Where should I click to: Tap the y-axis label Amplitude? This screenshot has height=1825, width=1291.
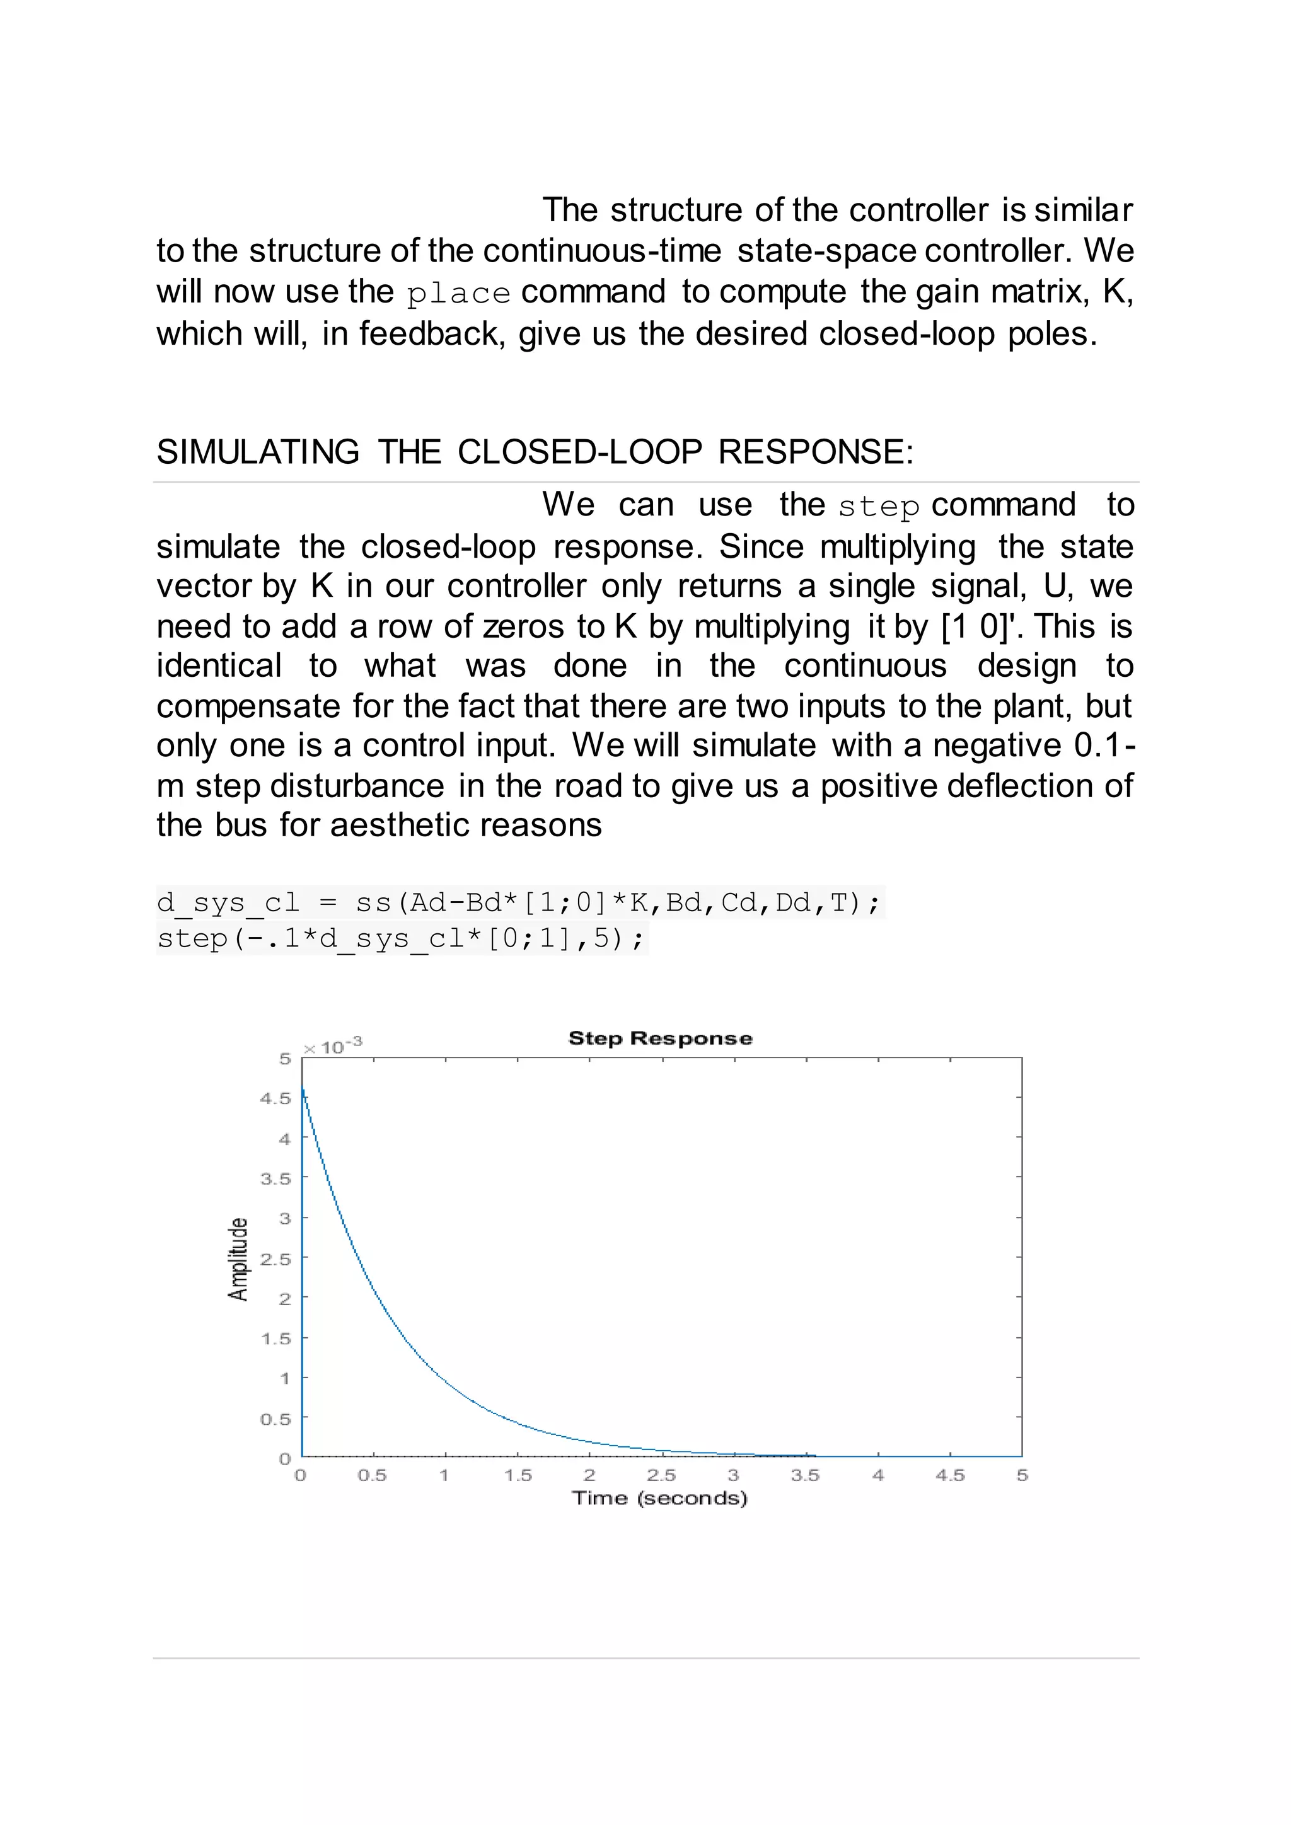(238, 1259)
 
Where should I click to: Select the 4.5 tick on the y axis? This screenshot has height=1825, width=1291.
(276, 1098)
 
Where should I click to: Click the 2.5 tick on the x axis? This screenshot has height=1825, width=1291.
(661, 1475)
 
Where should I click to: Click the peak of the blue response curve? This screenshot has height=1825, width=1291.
(303, 1090)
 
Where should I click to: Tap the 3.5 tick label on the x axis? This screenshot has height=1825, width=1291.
(804, 1475)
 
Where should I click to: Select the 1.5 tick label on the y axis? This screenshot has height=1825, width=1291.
(276, 1339)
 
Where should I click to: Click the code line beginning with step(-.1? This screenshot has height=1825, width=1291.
(402, 939)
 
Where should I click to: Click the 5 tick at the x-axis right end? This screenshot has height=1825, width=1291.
(1022, 1475)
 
